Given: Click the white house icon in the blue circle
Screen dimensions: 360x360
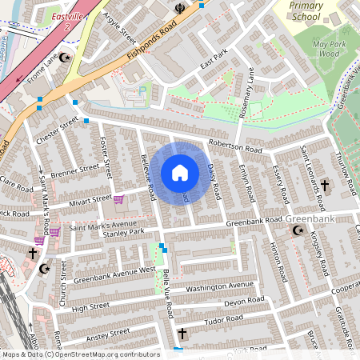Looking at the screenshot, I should click(180, 173).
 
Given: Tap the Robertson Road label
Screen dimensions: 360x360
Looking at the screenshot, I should click(235, 148).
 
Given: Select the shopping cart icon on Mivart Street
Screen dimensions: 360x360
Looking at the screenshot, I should click(119, 199).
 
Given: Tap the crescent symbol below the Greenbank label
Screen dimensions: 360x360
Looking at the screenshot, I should click(298, 230).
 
